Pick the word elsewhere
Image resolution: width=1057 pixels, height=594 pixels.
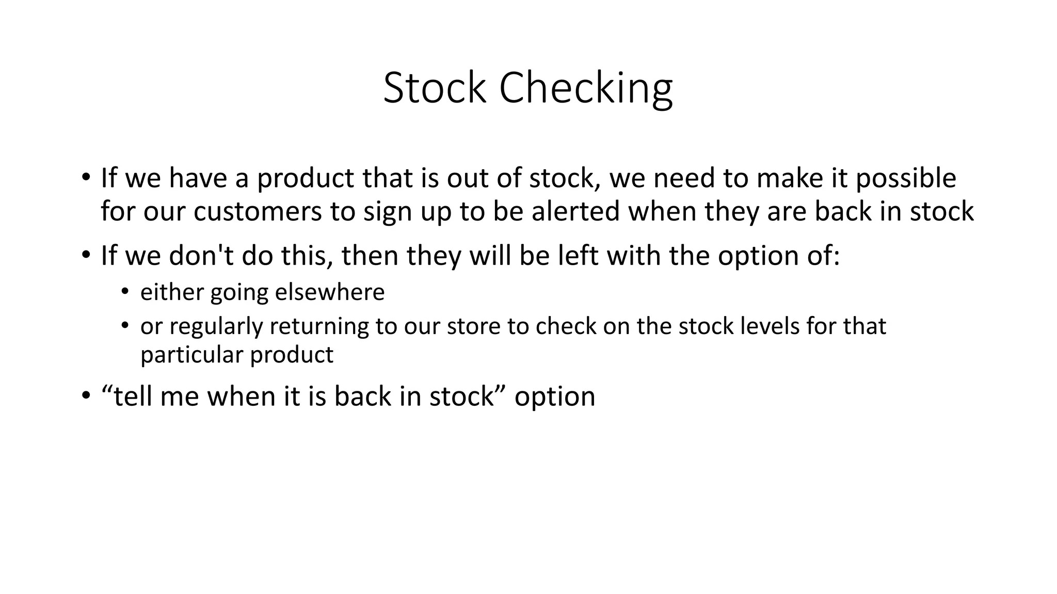pyautogui.click(x=330, y=292)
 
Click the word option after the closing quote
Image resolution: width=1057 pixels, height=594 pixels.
pyautogui.click(x=555, y=397)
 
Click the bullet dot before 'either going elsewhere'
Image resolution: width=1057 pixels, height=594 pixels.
pyautogui.click(x=124, y=292)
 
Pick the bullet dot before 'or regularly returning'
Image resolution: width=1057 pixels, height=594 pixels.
pyautogui.click(x=124, y=326)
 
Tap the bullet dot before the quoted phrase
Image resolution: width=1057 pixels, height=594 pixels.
pyautogui.click(x=85, y=397)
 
